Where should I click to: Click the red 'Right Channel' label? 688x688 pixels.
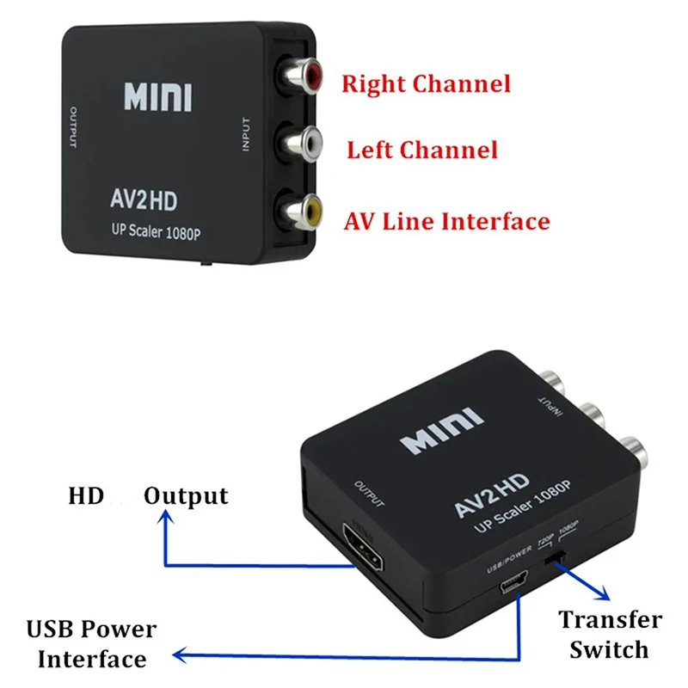point(426,84)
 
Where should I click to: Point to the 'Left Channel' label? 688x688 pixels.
point(421,150)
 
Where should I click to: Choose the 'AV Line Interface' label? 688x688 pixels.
point(446,221)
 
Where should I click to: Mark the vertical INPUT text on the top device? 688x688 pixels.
point(246,137)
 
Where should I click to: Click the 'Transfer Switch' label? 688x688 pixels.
point(610,634)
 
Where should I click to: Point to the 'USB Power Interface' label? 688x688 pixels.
point(91,644)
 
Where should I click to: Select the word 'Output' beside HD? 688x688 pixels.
point(186,496)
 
